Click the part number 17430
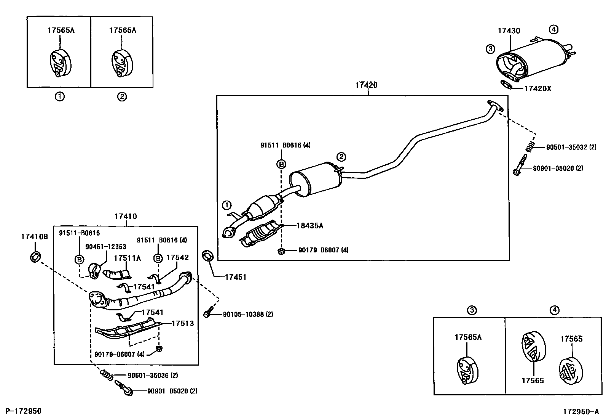509,31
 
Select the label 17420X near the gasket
537,88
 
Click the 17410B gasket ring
35,256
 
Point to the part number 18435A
310,225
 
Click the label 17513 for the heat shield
182,323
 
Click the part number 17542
177,258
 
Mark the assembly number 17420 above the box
366,85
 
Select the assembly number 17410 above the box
125,217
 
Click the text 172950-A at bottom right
580,411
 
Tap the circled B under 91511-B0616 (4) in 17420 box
281,164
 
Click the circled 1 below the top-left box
59,96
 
